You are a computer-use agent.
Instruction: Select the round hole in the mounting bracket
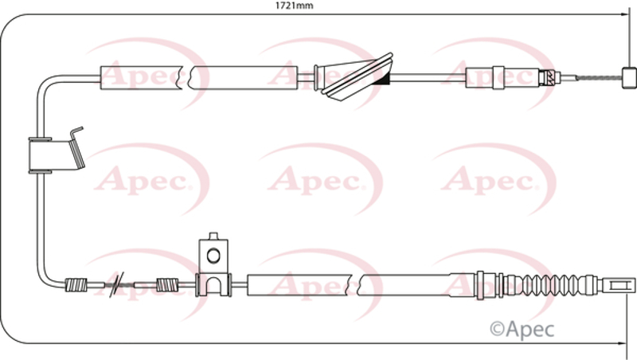click(x=213, y=255)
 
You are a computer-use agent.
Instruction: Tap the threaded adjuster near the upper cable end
click(x=546, y=77)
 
